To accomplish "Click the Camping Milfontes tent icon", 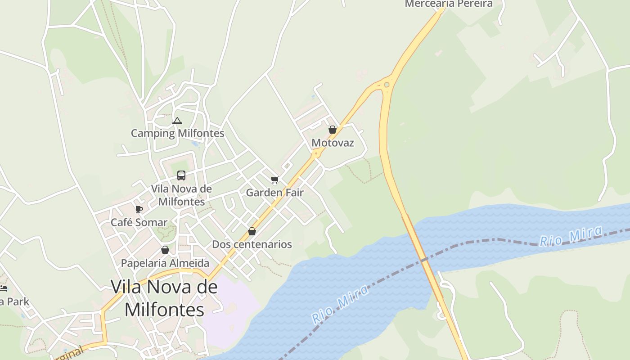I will [177, 121].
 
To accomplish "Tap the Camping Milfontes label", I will [177, 133].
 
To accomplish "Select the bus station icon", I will [181, 175].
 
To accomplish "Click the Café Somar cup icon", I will [139, 209].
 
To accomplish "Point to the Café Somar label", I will [139, 222].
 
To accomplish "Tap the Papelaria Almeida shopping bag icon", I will [165, 250].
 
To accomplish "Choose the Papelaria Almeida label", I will [165, 263].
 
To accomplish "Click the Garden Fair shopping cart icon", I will [274, 180].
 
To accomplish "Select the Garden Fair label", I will [274, 193].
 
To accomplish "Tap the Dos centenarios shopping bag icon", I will [252, 231].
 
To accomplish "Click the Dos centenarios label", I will [252, 244].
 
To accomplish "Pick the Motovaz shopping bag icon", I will [333, 130].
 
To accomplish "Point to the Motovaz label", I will [333, 143].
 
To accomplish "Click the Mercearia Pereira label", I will [449, 4].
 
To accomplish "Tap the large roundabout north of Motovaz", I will [387, 84].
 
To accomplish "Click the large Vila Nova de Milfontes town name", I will [164, 298].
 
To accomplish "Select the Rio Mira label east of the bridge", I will [571, 237].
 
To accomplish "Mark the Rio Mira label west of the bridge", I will [341, 303].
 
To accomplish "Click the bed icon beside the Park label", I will [3, 288].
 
